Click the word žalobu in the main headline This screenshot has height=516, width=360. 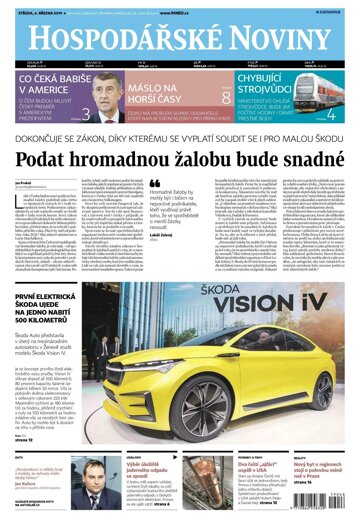click(x=198, y=163)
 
